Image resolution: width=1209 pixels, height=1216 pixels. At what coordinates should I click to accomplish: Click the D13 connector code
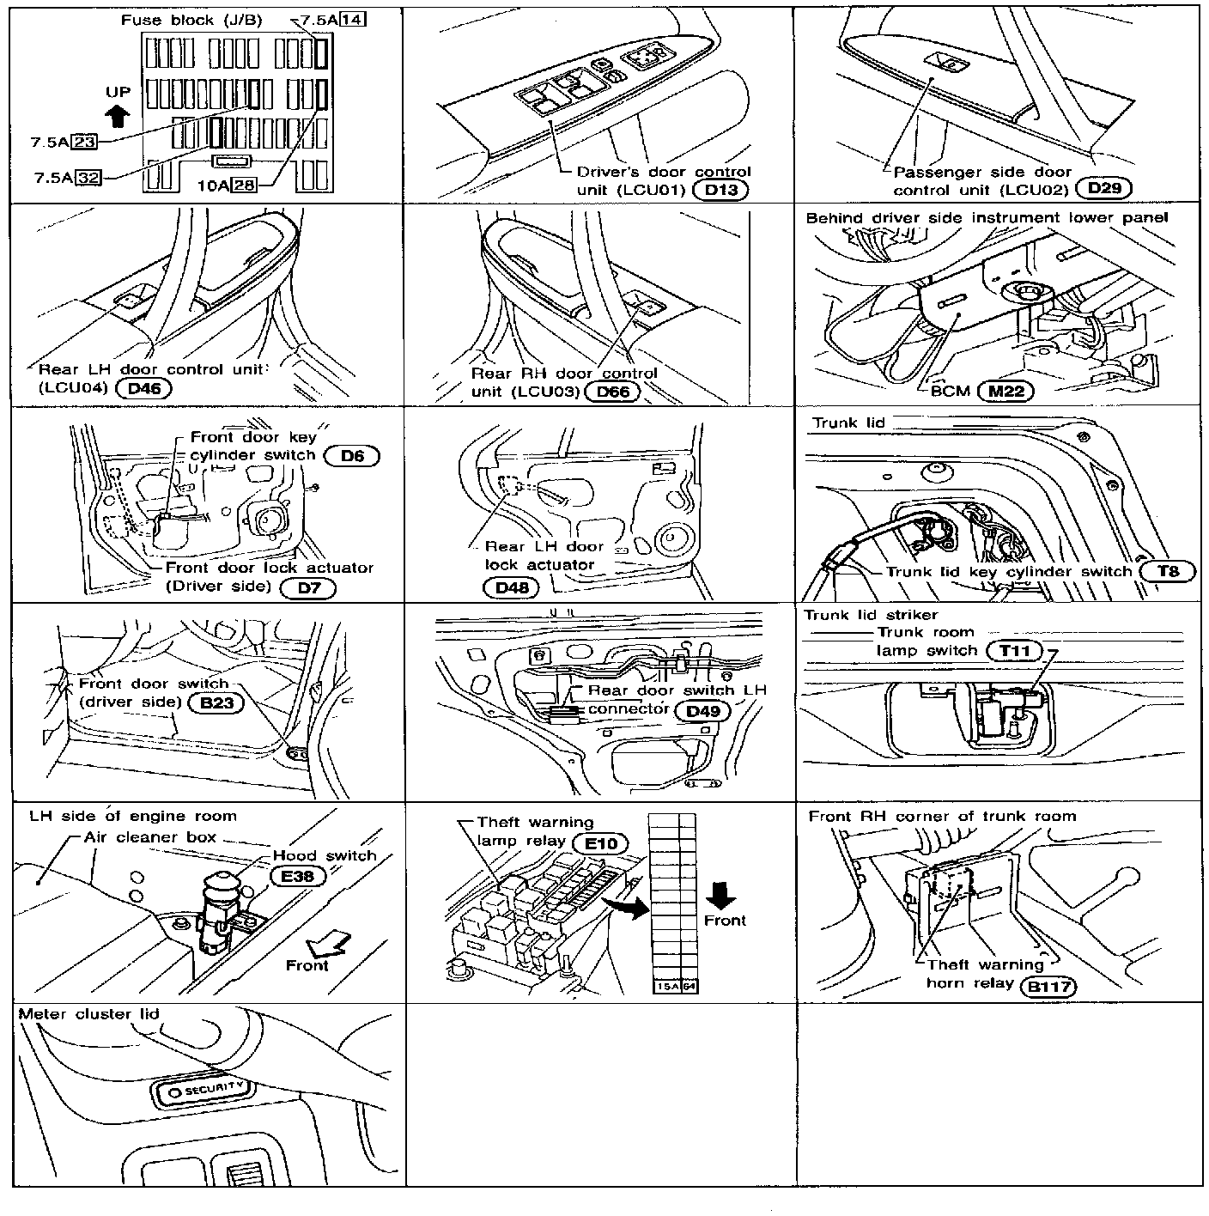(720, 190)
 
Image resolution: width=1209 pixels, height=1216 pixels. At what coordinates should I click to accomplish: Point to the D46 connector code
(143, 388)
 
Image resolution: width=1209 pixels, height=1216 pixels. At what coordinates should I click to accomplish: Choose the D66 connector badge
(613, 392)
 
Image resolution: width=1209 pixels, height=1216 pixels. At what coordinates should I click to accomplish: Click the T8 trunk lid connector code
(1167, 571)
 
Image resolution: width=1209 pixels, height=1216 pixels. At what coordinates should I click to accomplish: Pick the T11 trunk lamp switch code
(1015, 651)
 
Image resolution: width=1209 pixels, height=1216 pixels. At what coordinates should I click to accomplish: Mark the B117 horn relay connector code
(1050, 986)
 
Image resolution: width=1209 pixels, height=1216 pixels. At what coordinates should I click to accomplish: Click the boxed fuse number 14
(351, 20)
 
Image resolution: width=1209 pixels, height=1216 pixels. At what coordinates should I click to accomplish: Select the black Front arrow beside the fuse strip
(720, 896)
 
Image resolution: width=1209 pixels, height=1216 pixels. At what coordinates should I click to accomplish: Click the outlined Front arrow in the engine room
(331, 943)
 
